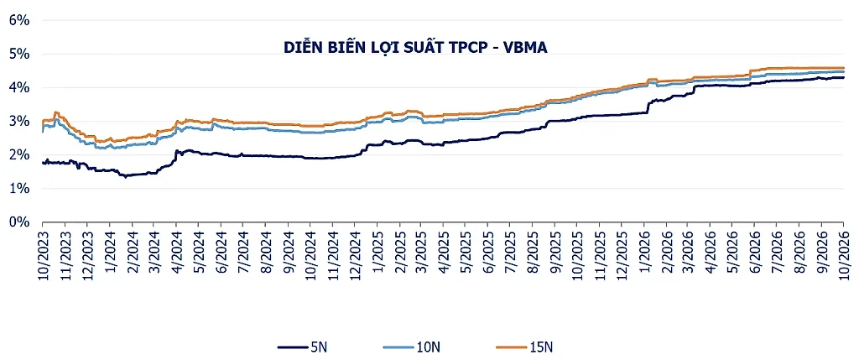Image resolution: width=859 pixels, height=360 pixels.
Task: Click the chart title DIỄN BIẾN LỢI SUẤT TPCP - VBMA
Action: (416, 48)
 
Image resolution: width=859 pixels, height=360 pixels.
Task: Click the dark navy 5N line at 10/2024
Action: (310, 158)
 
